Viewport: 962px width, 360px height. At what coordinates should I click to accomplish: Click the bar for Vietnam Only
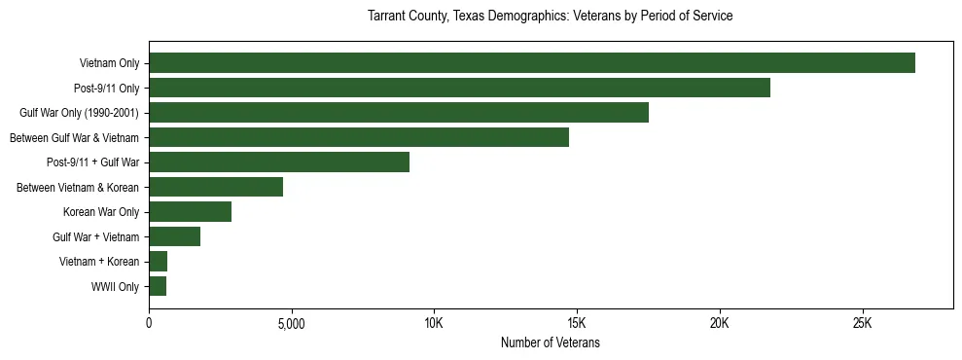point(532,63)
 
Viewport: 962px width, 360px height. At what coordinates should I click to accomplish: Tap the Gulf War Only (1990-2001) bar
point(399,113)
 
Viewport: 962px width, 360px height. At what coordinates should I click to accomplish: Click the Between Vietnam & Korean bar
point(216,187)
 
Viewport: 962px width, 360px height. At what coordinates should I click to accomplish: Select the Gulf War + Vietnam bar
point(174,236)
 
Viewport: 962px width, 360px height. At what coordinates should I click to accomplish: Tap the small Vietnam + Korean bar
point(158,262)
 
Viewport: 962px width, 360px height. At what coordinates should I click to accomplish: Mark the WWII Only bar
point(158,286)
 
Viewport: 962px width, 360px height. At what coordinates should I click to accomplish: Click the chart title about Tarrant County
point(550,17)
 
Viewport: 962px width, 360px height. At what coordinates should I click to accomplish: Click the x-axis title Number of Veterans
point(550,343)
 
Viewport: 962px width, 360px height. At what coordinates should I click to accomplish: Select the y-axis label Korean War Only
point(101,212)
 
